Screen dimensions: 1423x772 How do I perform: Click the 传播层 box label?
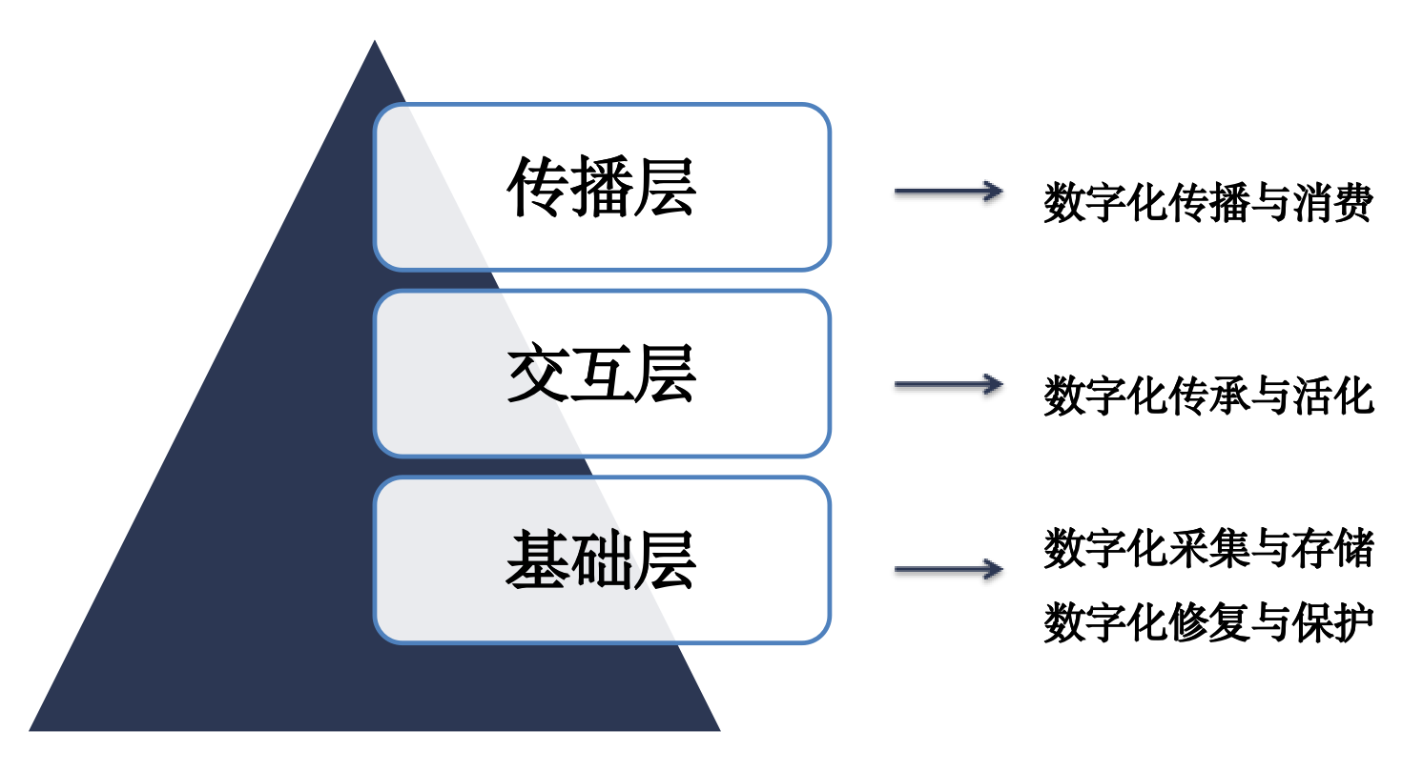601,187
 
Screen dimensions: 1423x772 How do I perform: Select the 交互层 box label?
601,374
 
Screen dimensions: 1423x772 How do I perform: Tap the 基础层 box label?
601,559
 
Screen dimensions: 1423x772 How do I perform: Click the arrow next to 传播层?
948,192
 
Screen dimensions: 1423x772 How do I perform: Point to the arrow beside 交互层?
948,384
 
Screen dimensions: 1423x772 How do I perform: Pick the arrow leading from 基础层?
948,569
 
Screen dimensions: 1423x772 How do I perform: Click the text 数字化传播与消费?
1208,202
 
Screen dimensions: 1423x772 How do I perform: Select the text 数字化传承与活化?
1208,396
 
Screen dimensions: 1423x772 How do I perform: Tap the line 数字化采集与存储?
1208,548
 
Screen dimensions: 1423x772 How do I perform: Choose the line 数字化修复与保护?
1208,622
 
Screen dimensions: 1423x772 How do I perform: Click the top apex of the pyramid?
374,41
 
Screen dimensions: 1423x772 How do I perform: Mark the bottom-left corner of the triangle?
30,731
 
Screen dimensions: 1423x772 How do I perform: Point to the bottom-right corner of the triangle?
720,731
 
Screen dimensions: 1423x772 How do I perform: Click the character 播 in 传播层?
601,187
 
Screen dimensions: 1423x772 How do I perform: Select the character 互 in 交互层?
601,374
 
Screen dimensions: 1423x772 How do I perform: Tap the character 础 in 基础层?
601,559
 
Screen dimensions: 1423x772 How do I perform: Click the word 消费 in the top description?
1332,202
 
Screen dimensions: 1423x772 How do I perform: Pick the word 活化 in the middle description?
1332,396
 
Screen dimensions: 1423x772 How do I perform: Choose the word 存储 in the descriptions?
1332,548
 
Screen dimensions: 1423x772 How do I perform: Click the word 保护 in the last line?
1332,622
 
